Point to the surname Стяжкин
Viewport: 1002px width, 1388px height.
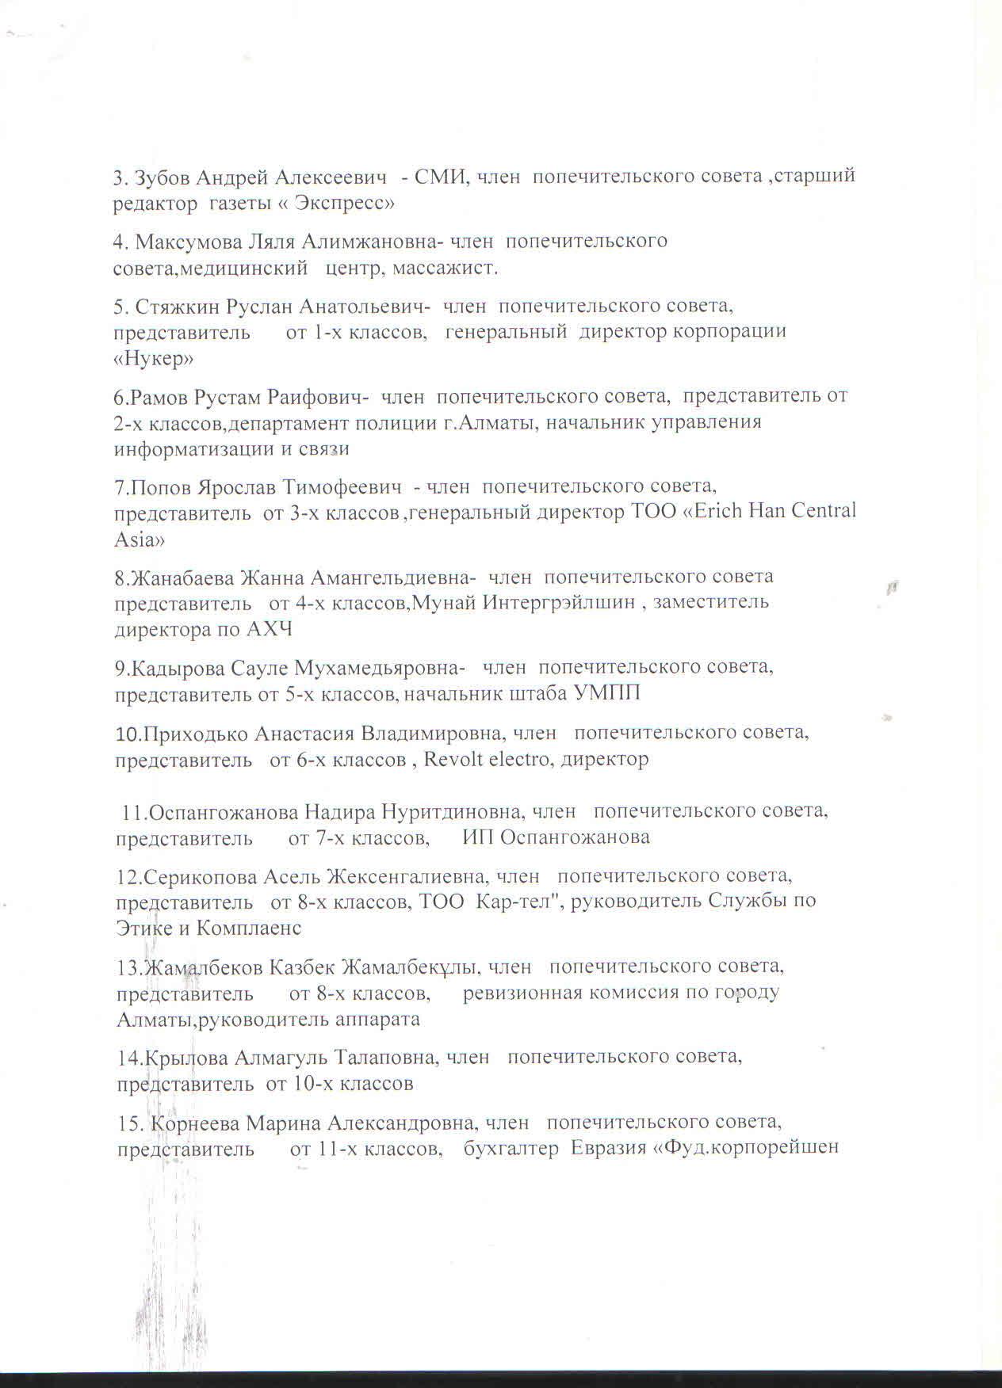[x=178, y=305]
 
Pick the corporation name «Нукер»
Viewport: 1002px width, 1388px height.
[x=155, y=359]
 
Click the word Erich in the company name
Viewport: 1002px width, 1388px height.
[x=719, y=512]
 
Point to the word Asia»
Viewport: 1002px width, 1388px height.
[x=140, y=540]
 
